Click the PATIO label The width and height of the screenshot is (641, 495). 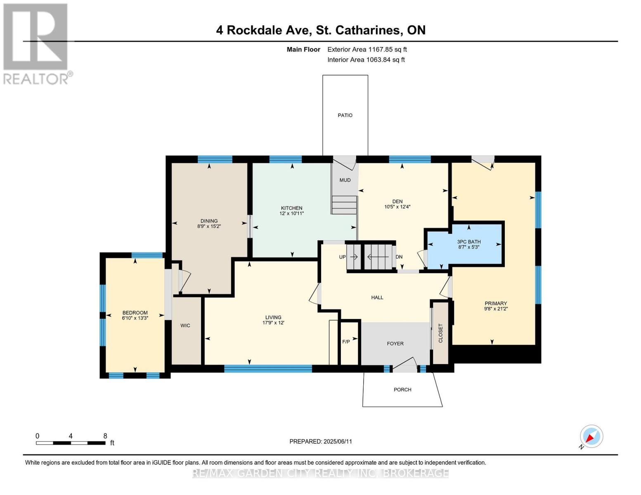click(x=345, y=115)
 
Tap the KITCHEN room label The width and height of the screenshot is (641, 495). click(x=291, y=208)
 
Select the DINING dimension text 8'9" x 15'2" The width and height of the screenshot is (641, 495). click(x=209, y=226)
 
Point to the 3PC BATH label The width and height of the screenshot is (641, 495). click(x=469, y=242)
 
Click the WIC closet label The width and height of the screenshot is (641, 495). click(x=185, y=325)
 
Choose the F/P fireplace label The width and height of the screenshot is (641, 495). click(x=346, y=342)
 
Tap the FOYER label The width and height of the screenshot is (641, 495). click(x=395, y=344)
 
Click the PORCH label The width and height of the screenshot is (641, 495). click(x=402, y=389)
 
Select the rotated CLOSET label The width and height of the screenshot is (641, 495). click(x=440, y=333)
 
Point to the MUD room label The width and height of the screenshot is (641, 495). click(x=345, y=180)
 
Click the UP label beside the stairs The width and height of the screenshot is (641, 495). click(x=342, y=257)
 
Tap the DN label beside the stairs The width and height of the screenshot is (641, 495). click(x=399, y=257)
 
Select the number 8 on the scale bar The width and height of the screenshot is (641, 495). click(x=105, y=436)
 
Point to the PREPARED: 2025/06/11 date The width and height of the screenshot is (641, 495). click(x=321, y=441)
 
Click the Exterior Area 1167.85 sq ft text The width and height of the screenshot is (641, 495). click(x=367, y=49)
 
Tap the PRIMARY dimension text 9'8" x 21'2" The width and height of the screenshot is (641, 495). click(x=496, y=309)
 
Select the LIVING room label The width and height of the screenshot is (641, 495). click(x=273, y=317)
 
